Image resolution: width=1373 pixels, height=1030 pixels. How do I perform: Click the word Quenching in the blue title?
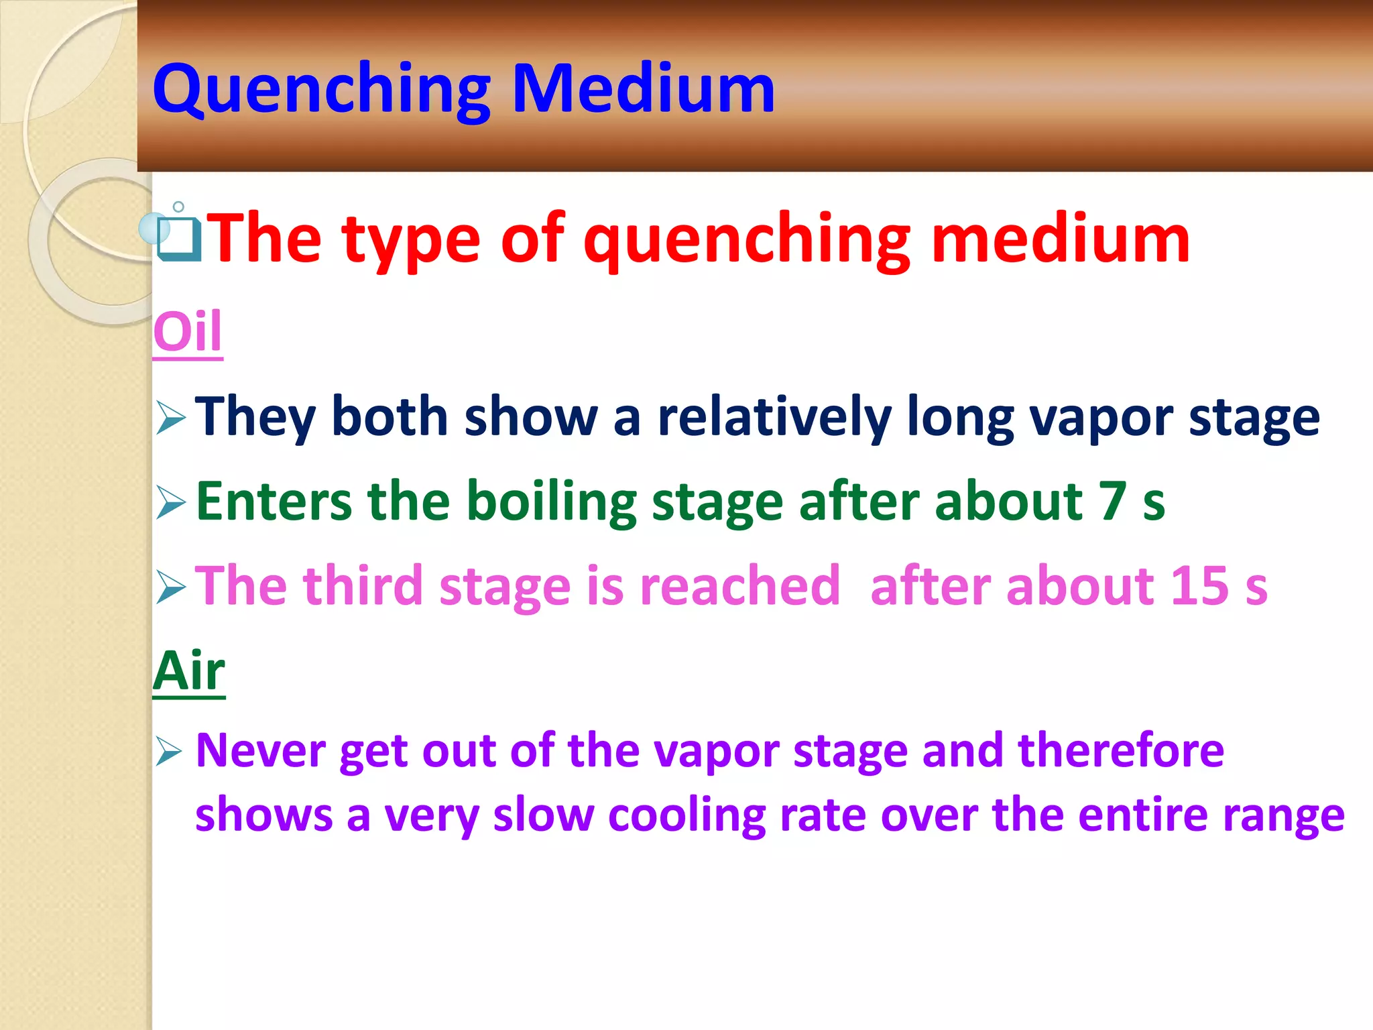(x=322, y=89)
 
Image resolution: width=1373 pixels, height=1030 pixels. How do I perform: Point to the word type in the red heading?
(x=412, y=240)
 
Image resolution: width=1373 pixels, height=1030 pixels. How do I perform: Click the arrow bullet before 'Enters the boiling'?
(x=170, y=502)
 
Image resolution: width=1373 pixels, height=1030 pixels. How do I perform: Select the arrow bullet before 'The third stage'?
(x=170, y=587)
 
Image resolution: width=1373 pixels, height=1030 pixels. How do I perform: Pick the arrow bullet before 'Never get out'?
(x=169, y=751)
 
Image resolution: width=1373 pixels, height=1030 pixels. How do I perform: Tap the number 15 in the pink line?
(x=1199, y=585)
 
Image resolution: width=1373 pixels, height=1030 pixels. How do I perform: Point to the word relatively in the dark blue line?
(x=774, y=417)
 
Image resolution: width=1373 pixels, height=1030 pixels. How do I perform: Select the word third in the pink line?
(x=363, y=585)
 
